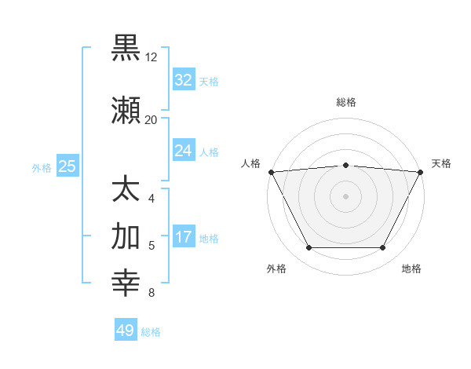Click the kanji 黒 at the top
point(126,47)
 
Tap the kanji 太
point(126,189)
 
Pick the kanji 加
point(126,236)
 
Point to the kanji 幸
point(126,283)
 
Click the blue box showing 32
point(183,80)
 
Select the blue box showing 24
point(183,151)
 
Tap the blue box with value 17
point(183,237)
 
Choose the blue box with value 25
point(67,166)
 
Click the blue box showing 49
point(125,331)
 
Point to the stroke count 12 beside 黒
point(152,57)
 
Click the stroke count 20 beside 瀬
point(152,120)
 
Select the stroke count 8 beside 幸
point(151,294)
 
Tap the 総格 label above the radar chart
point(345,103)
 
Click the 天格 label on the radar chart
point(441,163)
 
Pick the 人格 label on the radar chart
point(251,163)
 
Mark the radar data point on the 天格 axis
point(421,171)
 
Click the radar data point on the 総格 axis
point(345,165)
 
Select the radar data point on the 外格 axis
point(309,248)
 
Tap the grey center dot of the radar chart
point(345,195)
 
